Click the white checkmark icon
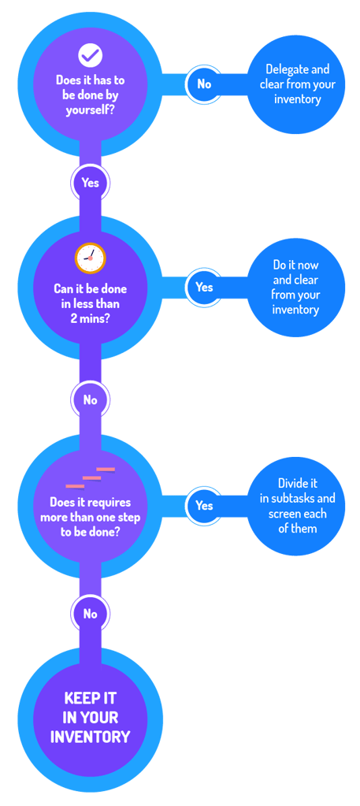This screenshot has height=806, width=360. pos(91,55)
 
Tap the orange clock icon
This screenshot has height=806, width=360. pos(90,258)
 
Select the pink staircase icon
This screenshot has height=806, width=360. pos(90,478)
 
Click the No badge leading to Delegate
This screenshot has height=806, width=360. pos(204,84)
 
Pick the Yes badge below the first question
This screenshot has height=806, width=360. pos(90,183)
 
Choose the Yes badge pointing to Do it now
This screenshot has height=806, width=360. pos(204,287)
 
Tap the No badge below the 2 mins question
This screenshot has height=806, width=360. pos(90,399)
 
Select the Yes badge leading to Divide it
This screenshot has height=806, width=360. pos(204,505)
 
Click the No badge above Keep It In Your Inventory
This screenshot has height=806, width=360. pos(90,614)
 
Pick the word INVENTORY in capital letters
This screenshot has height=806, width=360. pos(90,737)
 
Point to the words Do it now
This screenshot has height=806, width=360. pos(297,266)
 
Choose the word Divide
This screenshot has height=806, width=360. pos(292,483)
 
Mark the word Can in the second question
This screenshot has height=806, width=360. pos(63,288)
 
